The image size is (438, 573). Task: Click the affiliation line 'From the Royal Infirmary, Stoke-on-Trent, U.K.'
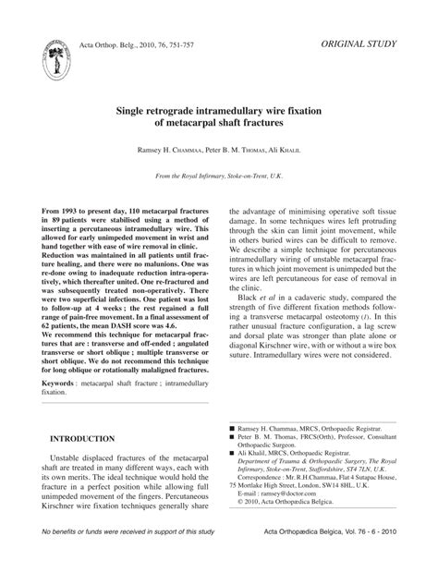[x=219, y=176]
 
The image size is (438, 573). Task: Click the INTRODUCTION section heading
[x=82, y=438]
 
